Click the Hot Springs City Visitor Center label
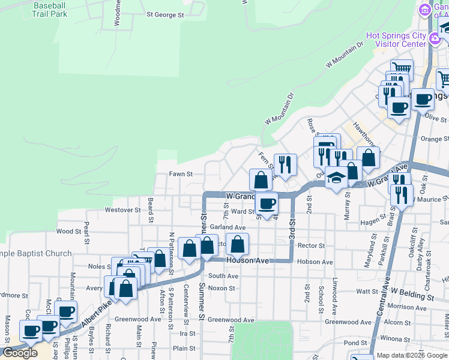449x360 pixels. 401,40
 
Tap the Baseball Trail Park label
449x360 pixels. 50,9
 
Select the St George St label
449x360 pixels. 165,15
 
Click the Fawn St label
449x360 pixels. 180,175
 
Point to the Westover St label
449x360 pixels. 122,210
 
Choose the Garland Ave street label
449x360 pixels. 228,228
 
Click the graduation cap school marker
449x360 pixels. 337,178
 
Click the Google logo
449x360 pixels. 20,353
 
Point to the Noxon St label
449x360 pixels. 221,289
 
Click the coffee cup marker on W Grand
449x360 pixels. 267,204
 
